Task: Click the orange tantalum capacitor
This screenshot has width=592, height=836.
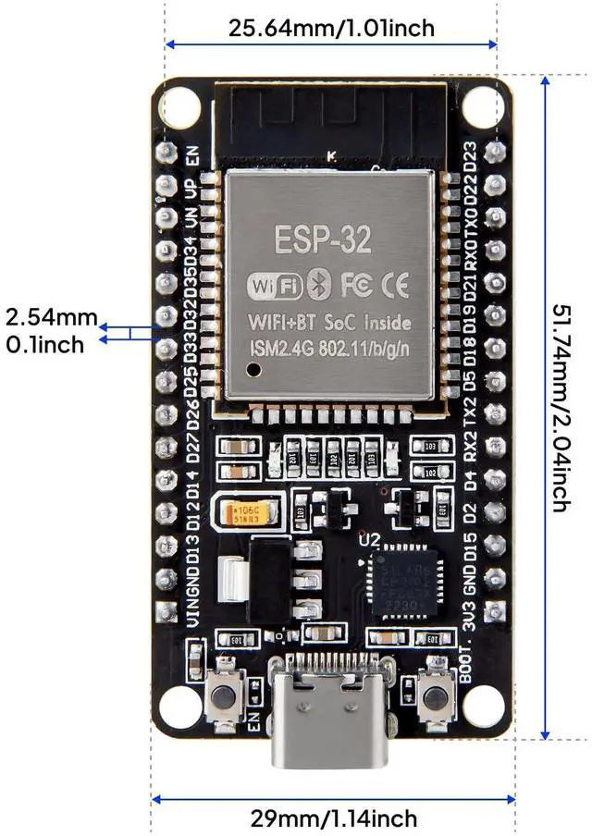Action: point(245,513)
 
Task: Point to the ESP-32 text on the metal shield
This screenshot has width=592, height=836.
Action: point(324,239)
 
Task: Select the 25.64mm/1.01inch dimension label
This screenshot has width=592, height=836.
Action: point(332,29)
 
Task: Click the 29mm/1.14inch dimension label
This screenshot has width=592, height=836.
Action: point(333,818)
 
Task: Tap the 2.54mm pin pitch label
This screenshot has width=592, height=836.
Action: point(51,318)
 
